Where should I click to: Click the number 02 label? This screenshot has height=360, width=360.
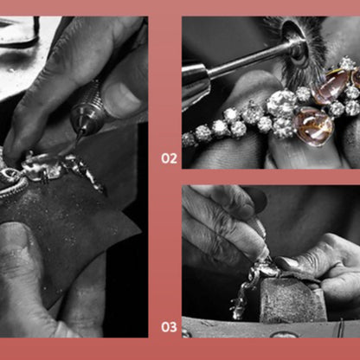[x=169, y=158]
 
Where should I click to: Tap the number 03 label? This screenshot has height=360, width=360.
[x=169, y=327]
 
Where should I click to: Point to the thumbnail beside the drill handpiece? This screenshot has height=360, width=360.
[x=124, y=97]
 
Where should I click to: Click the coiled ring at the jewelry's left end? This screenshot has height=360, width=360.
[x=8, y=175]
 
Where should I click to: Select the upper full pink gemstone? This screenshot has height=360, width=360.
[x=331, y=86]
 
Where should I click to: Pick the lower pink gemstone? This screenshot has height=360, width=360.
[x=313, y=126]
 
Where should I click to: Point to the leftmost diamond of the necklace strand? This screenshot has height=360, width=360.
[x=188, y=139]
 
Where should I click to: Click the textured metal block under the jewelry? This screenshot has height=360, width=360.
[x=292, y=300]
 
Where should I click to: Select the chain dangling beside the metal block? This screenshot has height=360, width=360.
[x=241, y=297]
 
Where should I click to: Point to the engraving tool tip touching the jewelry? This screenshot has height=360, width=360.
[x=268, y=256]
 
